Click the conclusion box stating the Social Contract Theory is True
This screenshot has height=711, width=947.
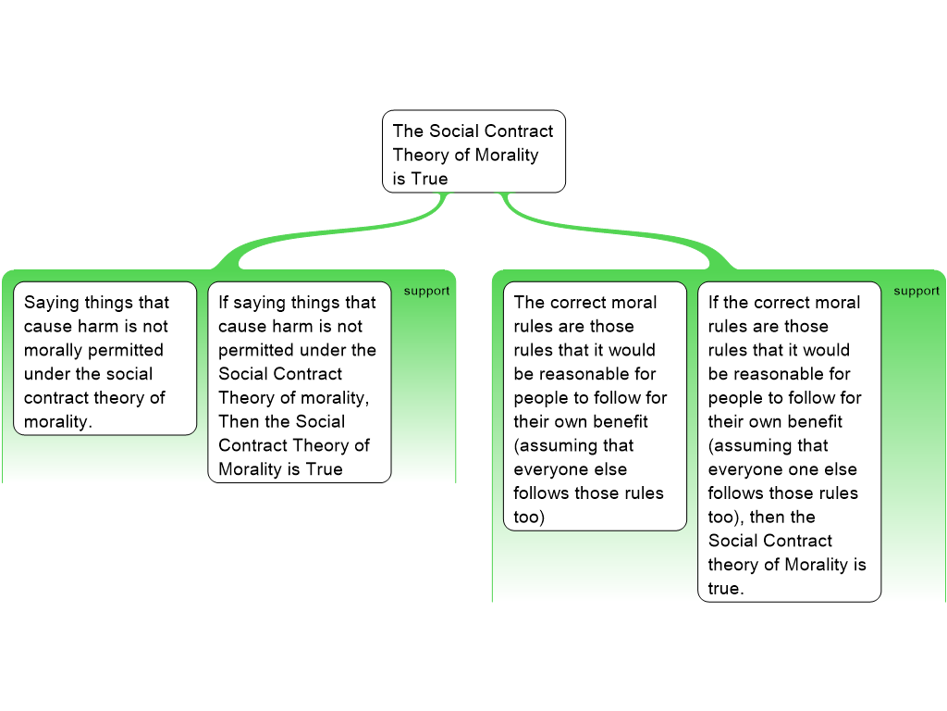pyautogui.click(x=473, y=152)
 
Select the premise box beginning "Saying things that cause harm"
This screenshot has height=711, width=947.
pyautogui.click(x=105, y=358)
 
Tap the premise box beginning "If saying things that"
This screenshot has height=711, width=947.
pyautogui.click(x=299, y=381)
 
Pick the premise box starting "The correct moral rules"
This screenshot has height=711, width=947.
pyautogui.click(x=595, y=405)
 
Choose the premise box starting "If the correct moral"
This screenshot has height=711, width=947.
pyautogui.click(x=789, y=441)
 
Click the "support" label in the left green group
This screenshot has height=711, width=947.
pyautogui.click(x=426, y=291)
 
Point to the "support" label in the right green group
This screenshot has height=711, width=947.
pyautogui.click(x=916, y=291)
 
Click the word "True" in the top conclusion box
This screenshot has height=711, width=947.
pyautogui.click(x=429, y=179)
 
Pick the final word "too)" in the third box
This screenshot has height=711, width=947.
pyautogui.click(x=529, y=517)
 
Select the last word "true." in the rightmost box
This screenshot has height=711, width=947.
pyautogui.click(x=725, y=589)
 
